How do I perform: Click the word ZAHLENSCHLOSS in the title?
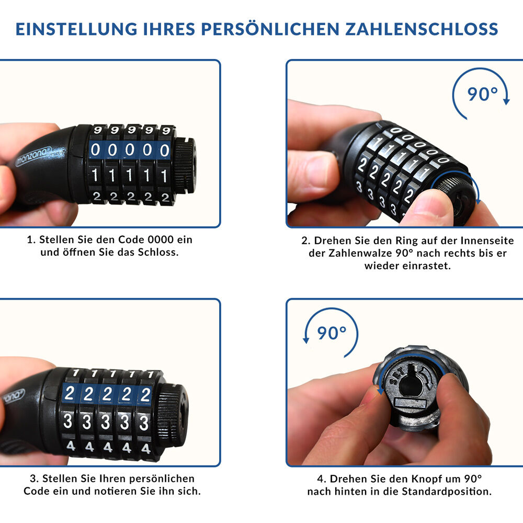pos(422,29)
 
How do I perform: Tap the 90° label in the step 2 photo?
pos(482,94)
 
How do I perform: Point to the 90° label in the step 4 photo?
pos(332,333)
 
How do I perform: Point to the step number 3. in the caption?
pos(35,479)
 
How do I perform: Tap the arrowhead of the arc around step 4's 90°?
pos(306,340)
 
